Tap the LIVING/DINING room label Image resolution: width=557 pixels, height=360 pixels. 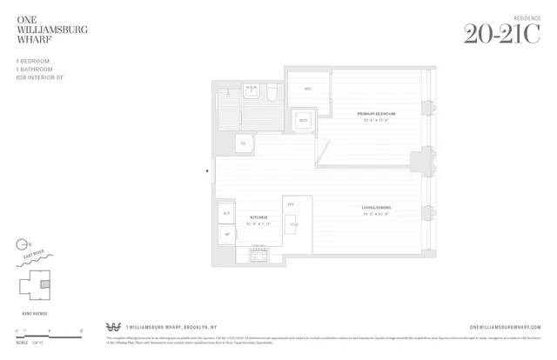point(376,208)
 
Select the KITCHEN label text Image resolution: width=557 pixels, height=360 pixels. point(258,218)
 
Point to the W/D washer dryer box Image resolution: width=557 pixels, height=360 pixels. point(303,121)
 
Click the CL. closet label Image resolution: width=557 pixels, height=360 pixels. point(243,142)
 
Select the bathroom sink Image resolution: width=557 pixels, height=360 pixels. point(252,89)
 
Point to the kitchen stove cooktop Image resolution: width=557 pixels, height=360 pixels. point(258,254)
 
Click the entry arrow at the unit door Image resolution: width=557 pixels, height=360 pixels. point(207,170)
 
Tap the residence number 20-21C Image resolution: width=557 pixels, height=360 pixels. point(501,34)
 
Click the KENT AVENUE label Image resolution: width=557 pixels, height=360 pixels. point(33,307)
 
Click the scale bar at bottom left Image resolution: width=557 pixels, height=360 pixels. point(48,331)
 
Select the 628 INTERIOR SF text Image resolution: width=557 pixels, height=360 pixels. point(39,77)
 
